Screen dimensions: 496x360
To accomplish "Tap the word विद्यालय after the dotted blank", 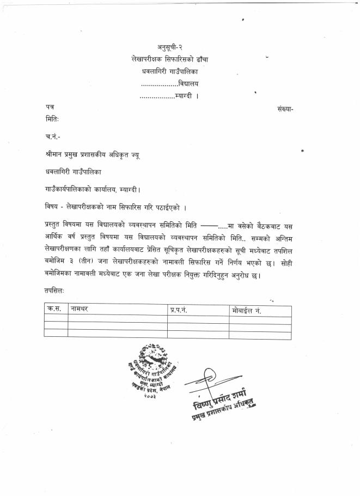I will coord(188,83).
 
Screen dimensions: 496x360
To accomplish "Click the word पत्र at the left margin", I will coord(50,108).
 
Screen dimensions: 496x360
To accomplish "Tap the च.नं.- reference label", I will coord(53,136).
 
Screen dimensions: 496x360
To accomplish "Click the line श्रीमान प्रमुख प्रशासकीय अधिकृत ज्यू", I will coord(93,155).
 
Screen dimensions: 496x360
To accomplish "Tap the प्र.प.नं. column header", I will coord(179,310).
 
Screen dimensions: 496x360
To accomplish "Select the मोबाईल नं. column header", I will coord(246,310).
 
